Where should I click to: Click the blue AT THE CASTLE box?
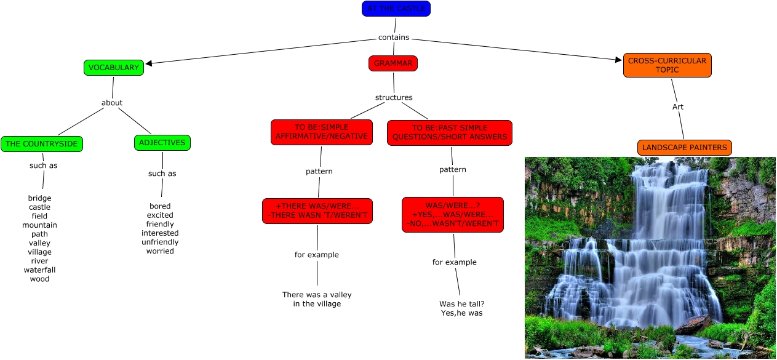click(396, 9)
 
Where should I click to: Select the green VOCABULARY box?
click(114, 68)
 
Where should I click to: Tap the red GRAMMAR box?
click(393, 63)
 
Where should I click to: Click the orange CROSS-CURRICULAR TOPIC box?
click(667, 65)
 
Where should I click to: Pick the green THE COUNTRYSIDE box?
click(42, 144)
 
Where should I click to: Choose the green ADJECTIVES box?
click(162, 143)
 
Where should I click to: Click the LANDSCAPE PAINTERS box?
click(684, 148)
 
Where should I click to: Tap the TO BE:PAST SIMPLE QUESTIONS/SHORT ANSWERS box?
click(450, 132)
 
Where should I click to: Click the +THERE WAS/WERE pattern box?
click(317, 211)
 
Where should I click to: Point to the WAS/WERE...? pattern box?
click(453, 214)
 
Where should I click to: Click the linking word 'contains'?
click(394, 38)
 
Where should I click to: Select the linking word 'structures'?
click(394, 97)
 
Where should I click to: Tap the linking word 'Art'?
click(677, 107)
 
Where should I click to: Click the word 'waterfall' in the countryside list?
click(39, 270)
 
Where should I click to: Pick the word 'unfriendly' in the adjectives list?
click(160, 242)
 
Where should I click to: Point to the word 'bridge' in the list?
click(39, 198)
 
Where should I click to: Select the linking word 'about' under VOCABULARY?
click(112, 103)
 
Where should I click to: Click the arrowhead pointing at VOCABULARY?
click(148, 62)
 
